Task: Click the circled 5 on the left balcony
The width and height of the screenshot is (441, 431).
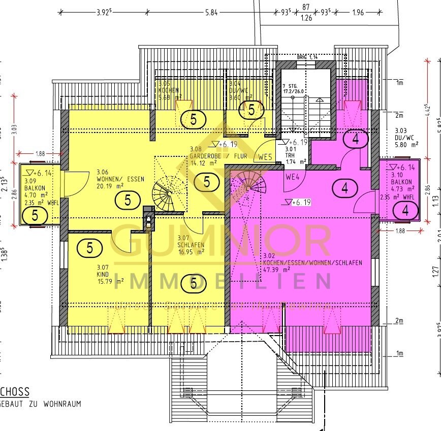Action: click(x=35, y=215)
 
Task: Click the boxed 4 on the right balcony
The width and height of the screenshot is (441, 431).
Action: click(x=405, y=209)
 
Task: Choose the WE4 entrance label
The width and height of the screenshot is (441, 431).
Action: click(x=292, y=177)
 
